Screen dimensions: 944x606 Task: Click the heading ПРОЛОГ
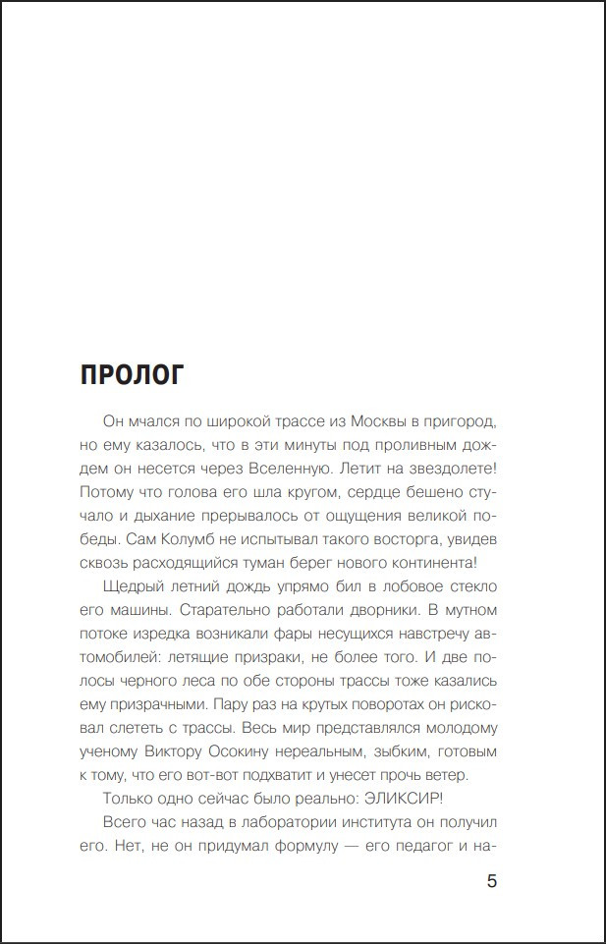click(x=132, y=375)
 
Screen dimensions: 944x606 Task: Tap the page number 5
click(x=492, y=880)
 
